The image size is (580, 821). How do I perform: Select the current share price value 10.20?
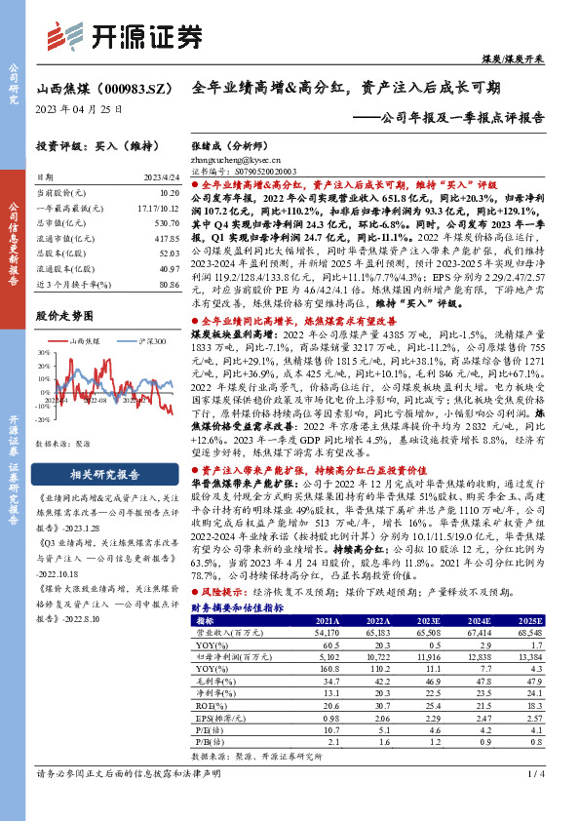(x=168, y=194)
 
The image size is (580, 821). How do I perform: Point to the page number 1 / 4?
(x=535, y=801)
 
